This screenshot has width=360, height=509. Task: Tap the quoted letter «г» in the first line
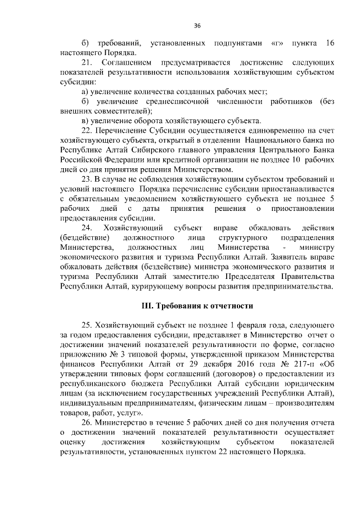pos(276,43)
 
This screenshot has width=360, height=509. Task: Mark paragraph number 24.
pos(88,227)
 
